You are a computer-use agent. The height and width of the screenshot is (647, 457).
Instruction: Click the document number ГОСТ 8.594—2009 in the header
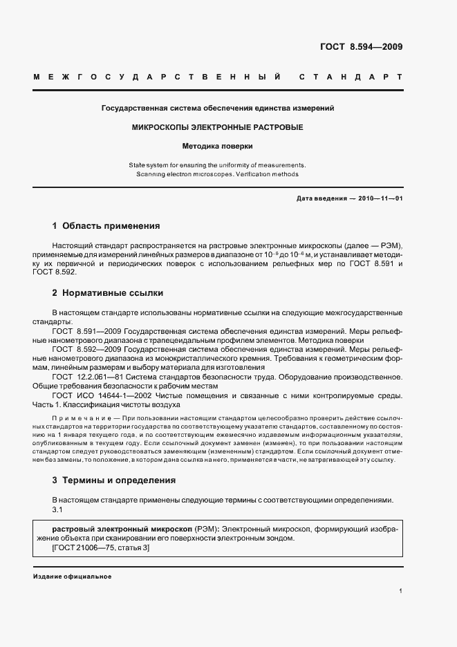coord(361,47)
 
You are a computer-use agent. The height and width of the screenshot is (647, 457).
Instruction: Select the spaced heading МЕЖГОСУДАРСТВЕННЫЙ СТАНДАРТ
coord(218,77)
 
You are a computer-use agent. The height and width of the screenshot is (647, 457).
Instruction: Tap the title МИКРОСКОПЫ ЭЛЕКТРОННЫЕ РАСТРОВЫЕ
coord(218,128)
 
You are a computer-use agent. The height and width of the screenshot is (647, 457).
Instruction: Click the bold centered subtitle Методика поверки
coord(218,147)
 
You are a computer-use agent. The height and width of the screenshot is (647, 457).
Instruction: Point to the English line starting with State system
coord(218,165)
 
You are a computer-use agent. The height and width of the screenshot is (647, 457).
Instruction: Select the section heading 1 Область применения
coord(106,226)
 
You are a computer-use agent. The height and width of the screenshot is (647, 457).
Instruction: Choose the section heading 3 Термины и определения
coord(114,480)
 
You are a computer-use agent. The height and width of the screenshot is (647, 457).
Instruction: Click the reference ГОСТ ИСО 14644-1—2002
coord(99,395)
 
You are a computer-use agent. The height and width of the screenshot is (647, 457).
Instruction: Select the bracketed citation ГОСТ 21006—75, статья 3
coord(101,547)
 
